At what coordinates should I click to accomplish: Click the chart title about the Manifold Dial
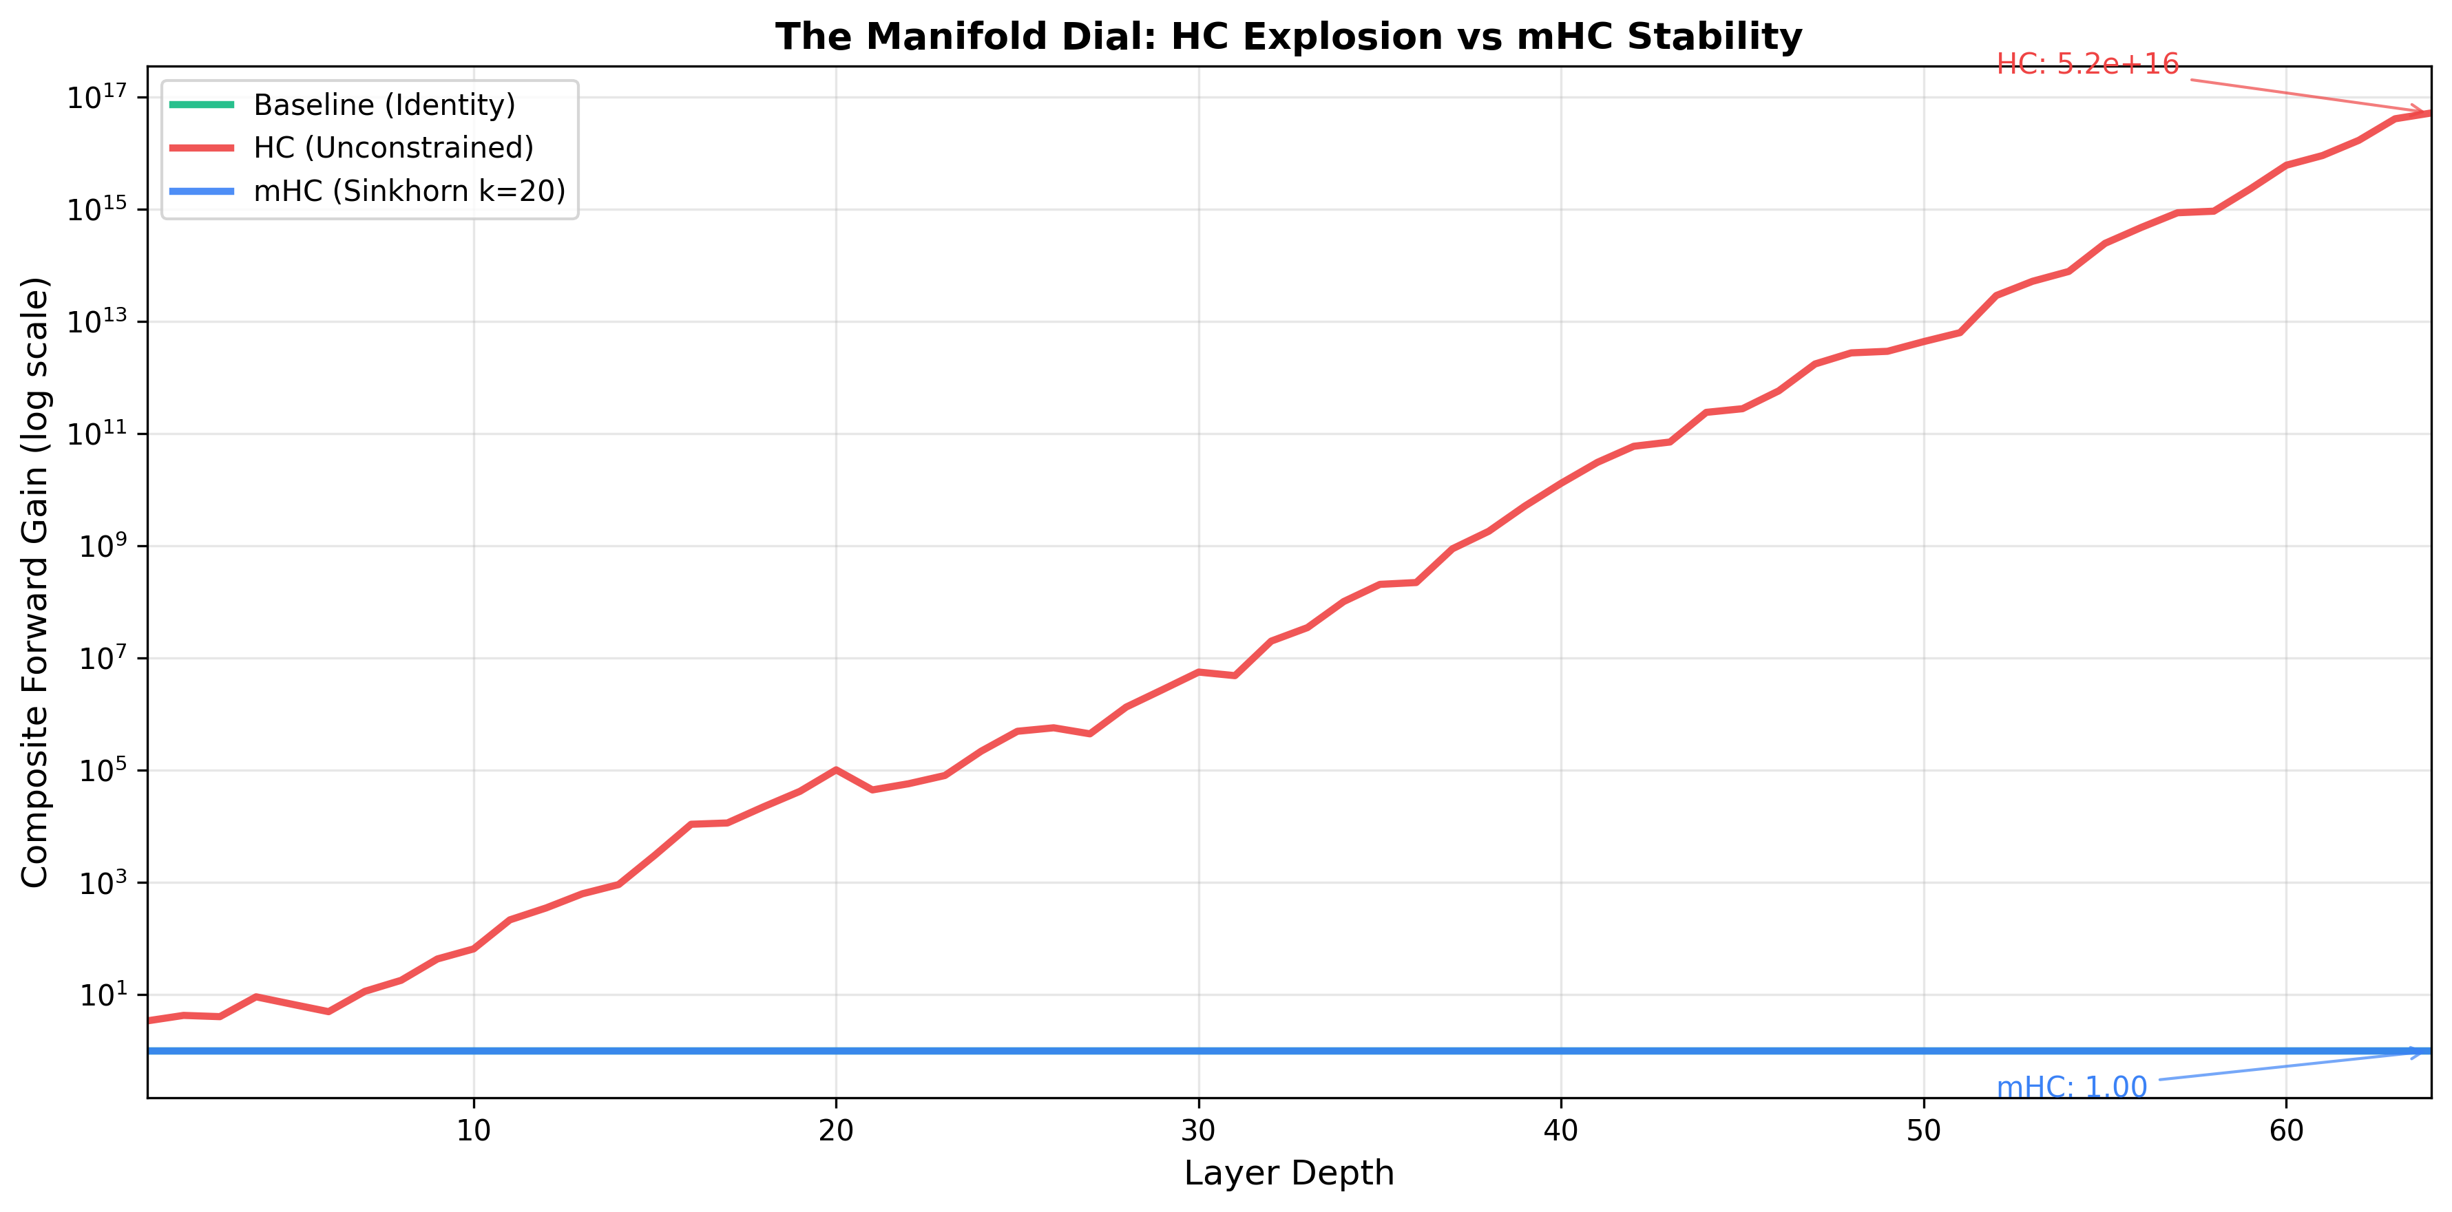1288,37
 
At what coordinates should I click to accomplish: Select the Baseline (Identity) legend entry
384,105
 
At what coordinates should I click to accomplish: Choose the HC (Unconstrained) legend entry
393,147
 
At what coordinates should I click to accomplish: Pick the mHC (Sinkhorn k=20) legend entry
409,191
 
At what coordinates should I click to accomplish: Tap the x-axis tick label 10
473,1130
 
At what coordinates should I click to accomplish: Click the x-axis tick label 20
836,1130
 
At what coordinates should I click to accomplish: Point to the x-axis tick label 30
1198,1130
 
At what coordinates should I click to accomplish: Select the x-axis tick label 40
1561,1130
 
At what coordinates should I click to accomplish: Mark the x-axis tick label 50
1924,1130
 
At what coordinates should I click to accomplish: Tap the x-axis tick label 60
2286,1130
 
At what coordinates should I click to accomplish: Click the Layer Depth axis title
1288,1173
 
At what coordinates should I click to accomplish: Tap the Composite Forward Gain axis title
35,582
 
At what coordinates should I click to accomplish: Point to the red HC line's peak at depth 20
836,769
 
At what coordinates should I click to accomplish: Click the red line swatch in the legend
202,147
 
